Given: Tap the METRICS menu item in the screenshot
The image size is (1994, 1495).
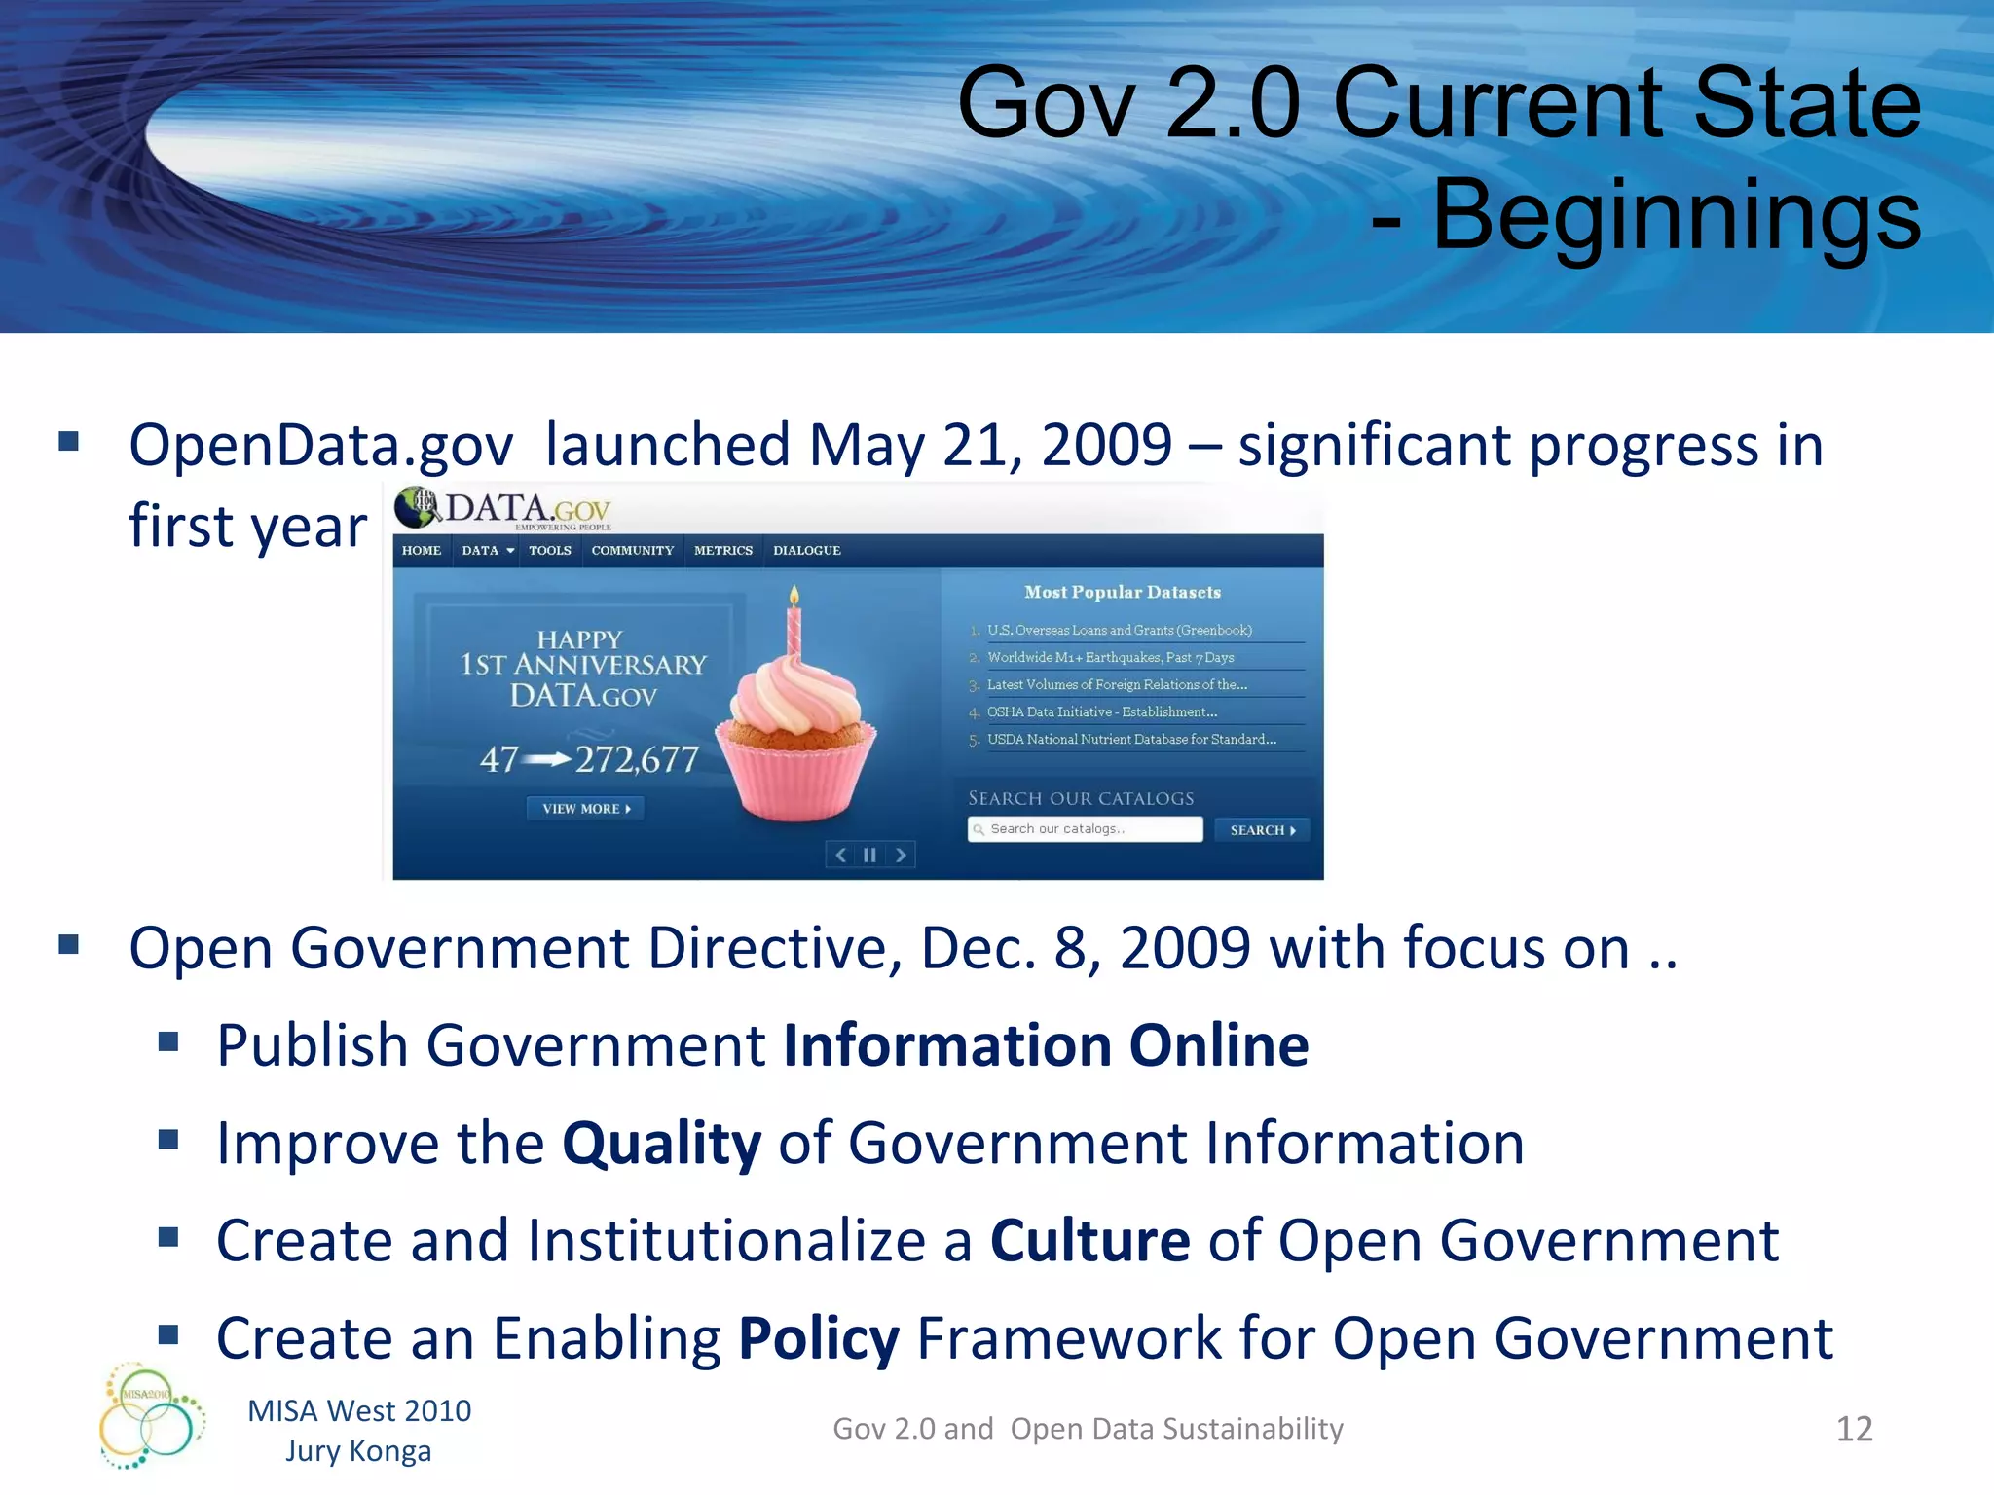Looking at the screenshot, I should pyautogui.click(x=722, y=551).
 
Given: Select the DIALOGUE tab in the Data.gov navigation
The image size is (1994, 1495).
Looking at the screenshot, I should pyautogui.click(x=806, y=551).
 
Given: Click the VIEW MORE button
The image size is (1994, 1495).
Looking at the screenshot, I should pyautogui.click(x=585, y=809).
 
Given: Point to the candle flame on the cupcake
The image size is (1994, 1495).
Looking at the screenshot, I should pyautogui.click(x=794, y=594).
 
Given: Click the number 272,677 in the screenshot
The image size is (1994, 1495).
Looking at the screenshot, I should pyautogui.click(x=637, y=759).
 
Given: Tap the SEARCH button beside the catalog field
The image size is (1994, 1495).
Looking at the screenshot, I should pyautogui.click(x=1262, y=830).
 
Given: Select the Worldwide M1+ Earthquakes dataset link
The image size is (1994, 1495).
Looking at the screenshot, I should pyautogui.click(x=1110, y=658).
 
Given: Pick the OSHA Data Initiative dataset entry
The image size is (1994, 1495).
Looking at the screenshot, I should pyautogui.click(x=1101, y=712).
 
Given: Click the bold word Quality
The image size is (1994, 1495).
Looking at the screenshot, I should pyautogui.click(x=662, y=1144).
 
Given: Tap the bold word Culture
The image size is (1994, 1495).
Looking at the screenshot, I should pyautogui.click(x=1089, y=1241).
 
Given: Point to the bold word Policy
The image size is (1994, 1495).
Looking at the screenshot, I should pyautogui.click(x=819, y=1339).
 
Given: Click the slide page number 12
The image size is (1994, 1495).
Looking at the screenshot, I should pyautogui.click(x=1854, y=1429).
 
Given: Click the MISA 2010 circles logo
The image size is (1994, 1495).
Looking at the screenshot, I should pyautogui.click(x=151, y=1416).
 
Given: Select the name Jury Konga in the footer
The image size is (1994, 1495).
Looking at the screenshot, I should pyautogui.click(x=358, y=1451).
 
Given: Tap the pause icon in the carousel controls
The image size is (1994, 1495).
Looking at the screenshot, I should pyautogui.click(x=869, y=856).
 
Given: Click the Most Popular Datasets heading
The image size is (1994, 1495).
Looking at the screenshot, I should pyautogui.click(x=1122, y=592).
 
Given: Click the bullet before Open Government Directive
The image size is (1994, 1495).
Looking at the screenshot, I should pyautogui.click(x=68, y=945).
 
